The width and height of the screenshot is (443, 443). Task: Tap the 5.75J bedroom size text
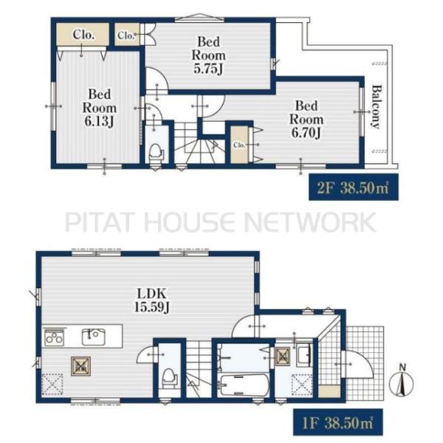[x=209, y=68]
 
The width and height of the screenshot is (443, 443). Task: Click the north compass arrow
[x=401, y=382]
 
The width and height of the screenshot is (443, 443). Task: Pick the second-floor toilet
[x=155, y=151]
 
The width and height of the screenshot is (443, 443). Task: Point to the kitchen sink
[x=94, y=336]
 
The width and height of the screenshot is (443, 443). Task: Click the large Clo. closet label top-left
[x=82, y=35]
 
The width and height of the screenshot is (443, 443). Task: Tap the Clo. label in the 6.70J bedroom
[x=239, y=145]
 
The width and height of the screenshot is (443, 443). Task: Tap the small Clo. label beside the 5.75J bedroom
[x=126, y=35]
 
